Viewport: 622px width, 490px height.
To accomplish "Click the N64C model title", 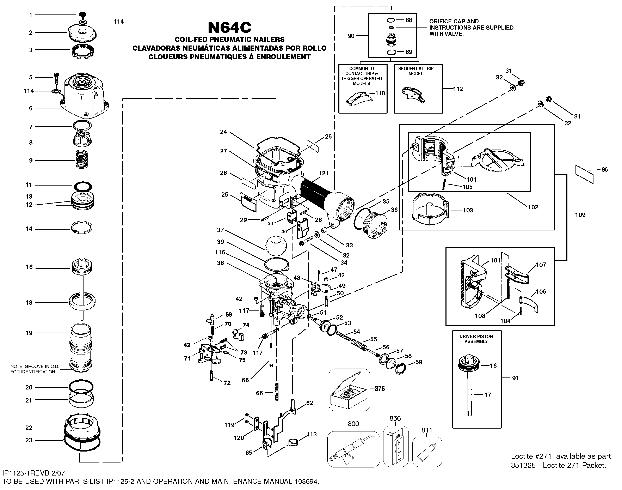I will tap(229, 28).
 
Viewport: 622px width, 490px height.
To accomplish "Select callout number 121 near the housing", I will tap(323, 173).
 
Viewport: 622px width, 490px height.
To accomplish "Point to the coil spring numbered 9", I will tap(82, 160).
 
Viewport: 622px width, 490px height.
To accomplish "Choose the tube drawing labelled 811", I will tap(427, 452).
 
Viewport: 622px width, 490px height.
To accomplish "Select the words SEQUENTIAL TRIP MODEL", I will tap(416, 71).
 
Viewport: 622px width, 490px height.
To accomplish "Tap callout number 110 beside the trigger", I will tap(380, 93).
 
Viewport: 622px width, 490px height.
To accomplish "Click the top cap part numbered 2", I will tap(82, 33).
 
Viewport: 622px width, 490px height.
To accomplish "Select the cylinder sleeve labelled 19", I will tap(81, 347).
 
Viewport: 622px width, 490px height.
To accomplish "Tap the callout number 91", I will tap(515, 378).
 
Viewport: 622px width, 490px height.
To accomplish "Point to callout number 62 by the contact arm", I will tap(310, 403).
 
